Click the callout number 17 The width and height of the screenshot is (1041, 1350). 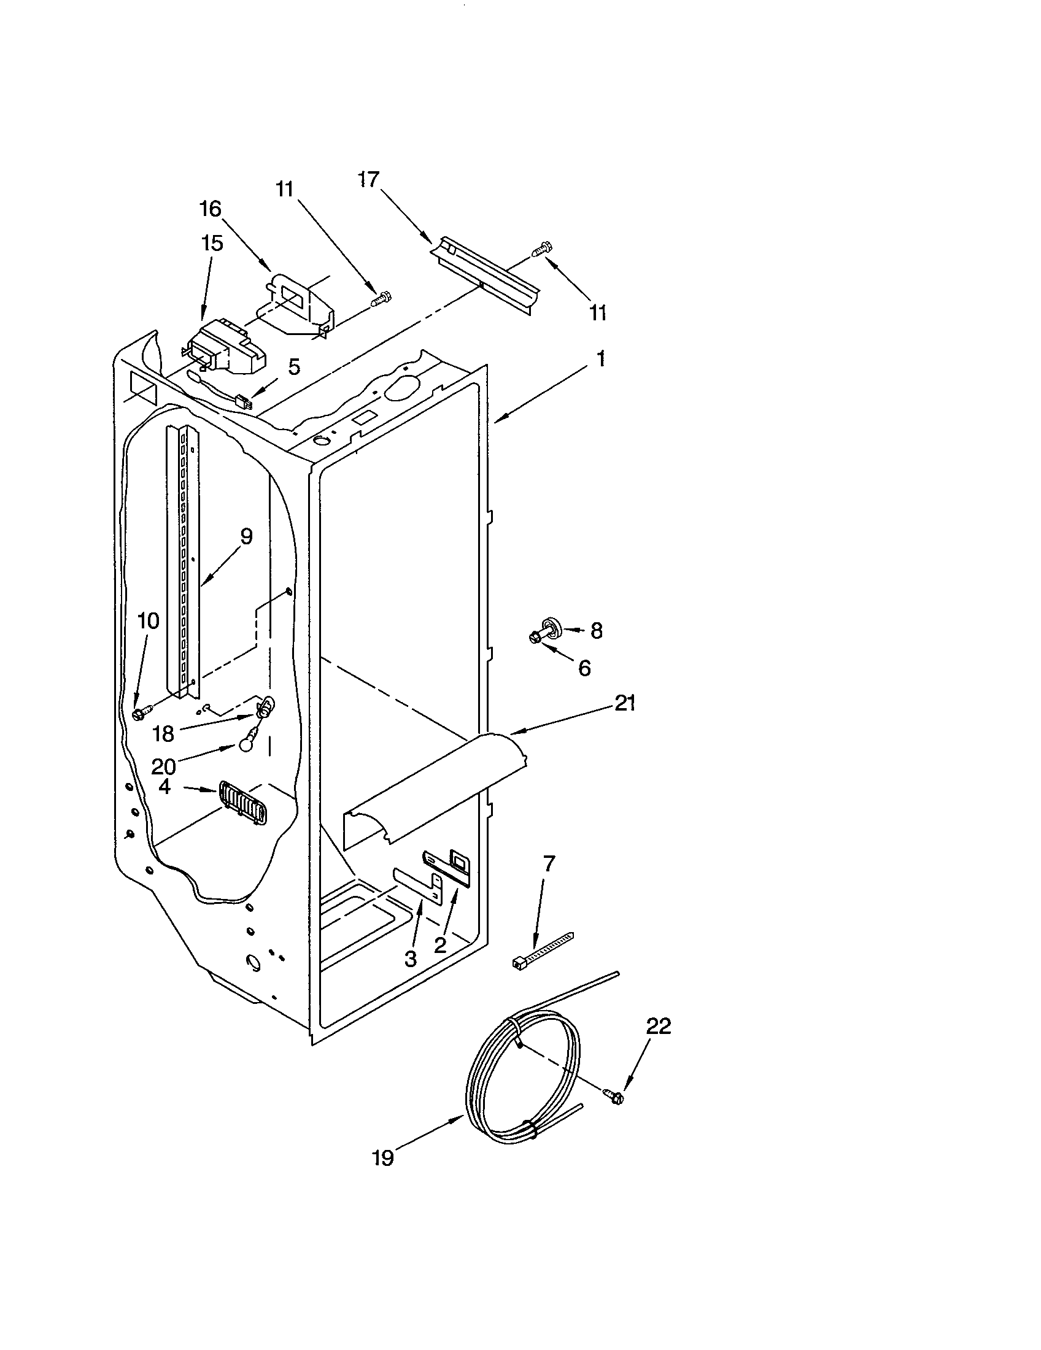tap(368, 180)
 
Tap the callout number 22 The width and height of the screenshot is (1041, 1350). tap(659, 1026)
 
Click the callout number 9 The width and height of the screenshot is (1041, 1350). tap(246, 536)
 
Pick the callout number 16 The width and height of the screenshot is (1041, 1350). tap(210, 209)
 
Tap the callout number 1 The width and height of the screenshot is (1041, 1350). tap(600, 358)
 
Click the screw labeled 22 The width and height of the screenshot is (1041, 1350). tap(615, 1096)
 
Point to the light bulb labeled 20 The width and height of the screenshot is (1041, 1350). tap(248, 746)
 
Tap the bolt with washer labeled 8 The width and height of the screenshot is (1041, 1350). tap(546, 629)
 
